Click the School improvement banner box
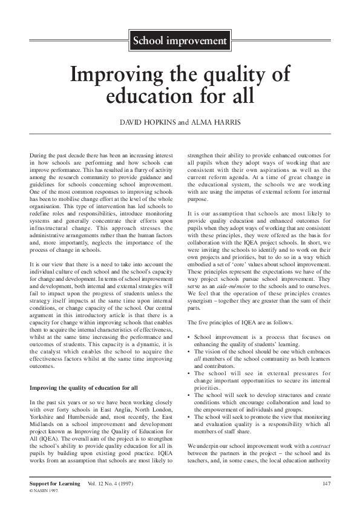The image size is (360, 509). click(x=179, y=41)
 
